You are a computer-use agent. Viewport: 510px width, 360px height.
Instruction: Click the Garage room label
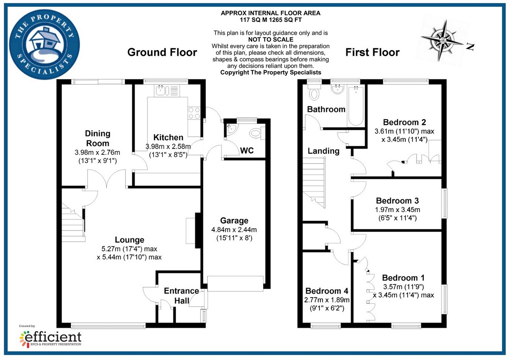pyautogui.click(x=234, y=221)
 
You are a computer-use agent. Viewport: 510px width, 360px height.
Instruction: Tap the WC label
pyautogui.click(x=247, y=151)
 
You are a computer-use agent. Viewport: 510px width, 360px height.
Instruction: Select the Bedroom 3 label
pyautogui.click(x=397, y=201)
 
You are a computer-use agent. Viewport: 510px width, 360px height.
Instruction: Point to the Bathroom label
pyautogui.click(x=326, y=110)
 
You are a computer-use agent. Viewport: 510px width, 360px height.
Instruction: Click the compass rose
pyautogui.click(x=442, y=39)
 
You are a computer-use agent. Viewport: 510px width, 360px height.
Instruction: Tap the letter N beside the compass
pyautogui.click(x=470, y=47)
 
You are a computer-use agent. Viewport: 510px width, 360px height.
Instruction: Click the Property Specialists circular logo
pyautogui.click(x=44, y=44)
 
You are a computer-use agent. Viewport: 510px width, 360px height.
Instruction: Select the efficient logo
pyautogui.click(x=51, y=337)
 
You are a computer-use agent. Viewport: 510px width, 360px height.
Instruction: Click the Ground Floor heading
pyautogui.click(x=162, y=52)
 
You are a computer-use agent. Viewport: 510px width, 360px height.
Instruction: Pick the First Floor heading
pyautogui.click(x=372, y=52)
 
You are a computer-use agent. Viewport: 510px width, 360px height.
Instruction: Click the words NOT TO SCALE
pyautogui.click(x=270, y=39)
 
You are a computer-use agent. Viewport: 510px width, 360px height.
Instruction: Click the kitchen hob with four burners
pyautogui.click(x=194, y=113)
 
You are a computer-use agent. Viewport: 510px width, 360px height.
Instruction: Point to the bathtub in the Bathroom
pyautogui.click(x=355, y=106)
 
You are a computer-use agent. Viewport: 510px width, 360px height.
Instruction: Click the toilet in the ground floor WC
pyautogui.click(x=256, y=133)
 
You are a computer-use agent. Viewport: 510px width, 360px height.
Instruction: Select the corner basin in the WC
pyautogui.click(x=230, y=128)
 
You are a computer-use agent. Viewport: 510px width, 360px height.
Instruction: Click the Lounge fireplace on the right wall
pyautogui.click(x=197, y=230)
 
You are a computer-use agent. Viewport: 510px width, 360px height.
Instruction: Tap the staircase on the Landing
pyautogui.click(x=314, y=181)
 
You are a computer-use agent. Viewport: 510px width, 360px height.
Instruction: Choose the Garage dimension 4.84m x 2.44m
pyautogui.click(x=234, y=230)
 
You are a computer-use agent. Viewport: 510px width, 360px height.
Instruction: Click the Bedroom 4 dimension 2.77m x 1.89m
pyautogui.click(x=327, y=300)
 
